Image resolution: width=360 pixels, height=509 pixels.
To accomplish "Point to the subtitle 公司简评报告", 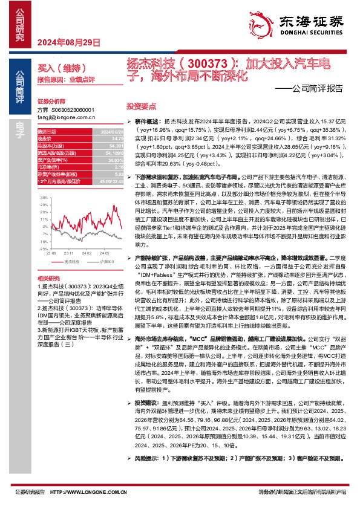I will point(316,88).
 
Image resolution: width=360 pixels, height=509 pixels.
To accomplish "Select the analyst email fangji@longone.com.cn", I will point(64,117).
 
